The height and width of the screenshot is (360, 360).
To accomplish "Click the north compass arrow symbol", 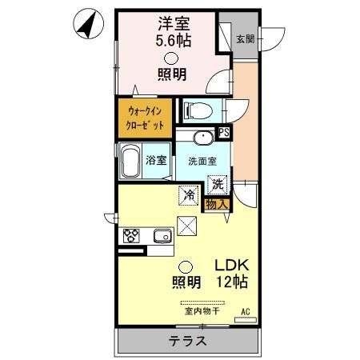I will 89,25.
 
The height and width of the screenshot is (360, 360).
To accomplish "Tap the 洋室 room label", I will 166,23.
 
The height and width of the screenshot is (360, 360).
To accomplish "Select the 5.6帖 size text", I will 166,39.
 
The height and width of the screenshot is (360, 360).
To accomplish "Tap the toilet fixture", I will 195,109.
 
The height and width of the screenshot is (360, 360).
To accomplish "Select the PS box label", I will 224,133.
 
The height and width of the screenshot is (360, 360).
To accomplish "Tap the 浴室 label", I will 158,158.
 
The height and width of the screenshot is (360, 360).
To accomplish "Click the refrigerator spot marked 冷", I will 189,194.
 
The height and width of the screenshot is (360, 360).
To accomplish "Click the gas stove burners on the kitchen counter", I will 132,236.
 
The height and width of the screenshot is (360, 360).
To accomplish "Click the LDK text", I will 230,266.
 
